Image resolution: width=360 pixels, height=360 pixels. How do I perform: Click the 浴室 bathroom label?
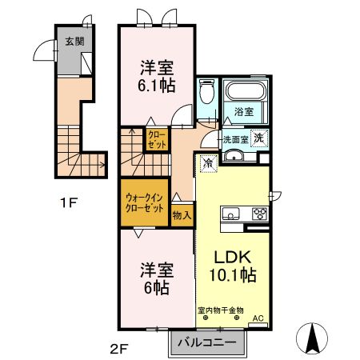244,113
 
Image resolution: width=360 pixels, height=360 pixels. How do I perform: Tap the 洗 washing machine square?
258,138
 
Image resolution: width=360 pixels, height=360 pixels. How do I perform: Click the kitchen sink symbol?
231,214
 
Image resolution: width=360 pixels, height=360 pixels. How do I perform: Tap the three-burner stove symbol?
259,214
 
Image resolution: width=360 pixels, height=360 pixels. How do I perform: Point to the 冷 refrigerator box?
207,163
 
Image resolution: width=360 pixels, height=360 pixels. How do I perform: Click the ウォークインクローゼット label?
145,202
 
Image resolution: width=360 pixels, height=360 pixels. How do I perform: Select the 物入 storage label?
182,214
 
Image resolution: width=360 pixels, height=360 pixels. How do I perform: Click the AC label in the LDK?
258,318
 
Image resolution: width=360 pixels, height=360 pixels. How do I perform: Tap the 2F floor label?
118,348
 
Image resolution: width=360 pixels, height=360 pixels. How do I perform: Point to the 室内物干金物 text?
221,310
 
